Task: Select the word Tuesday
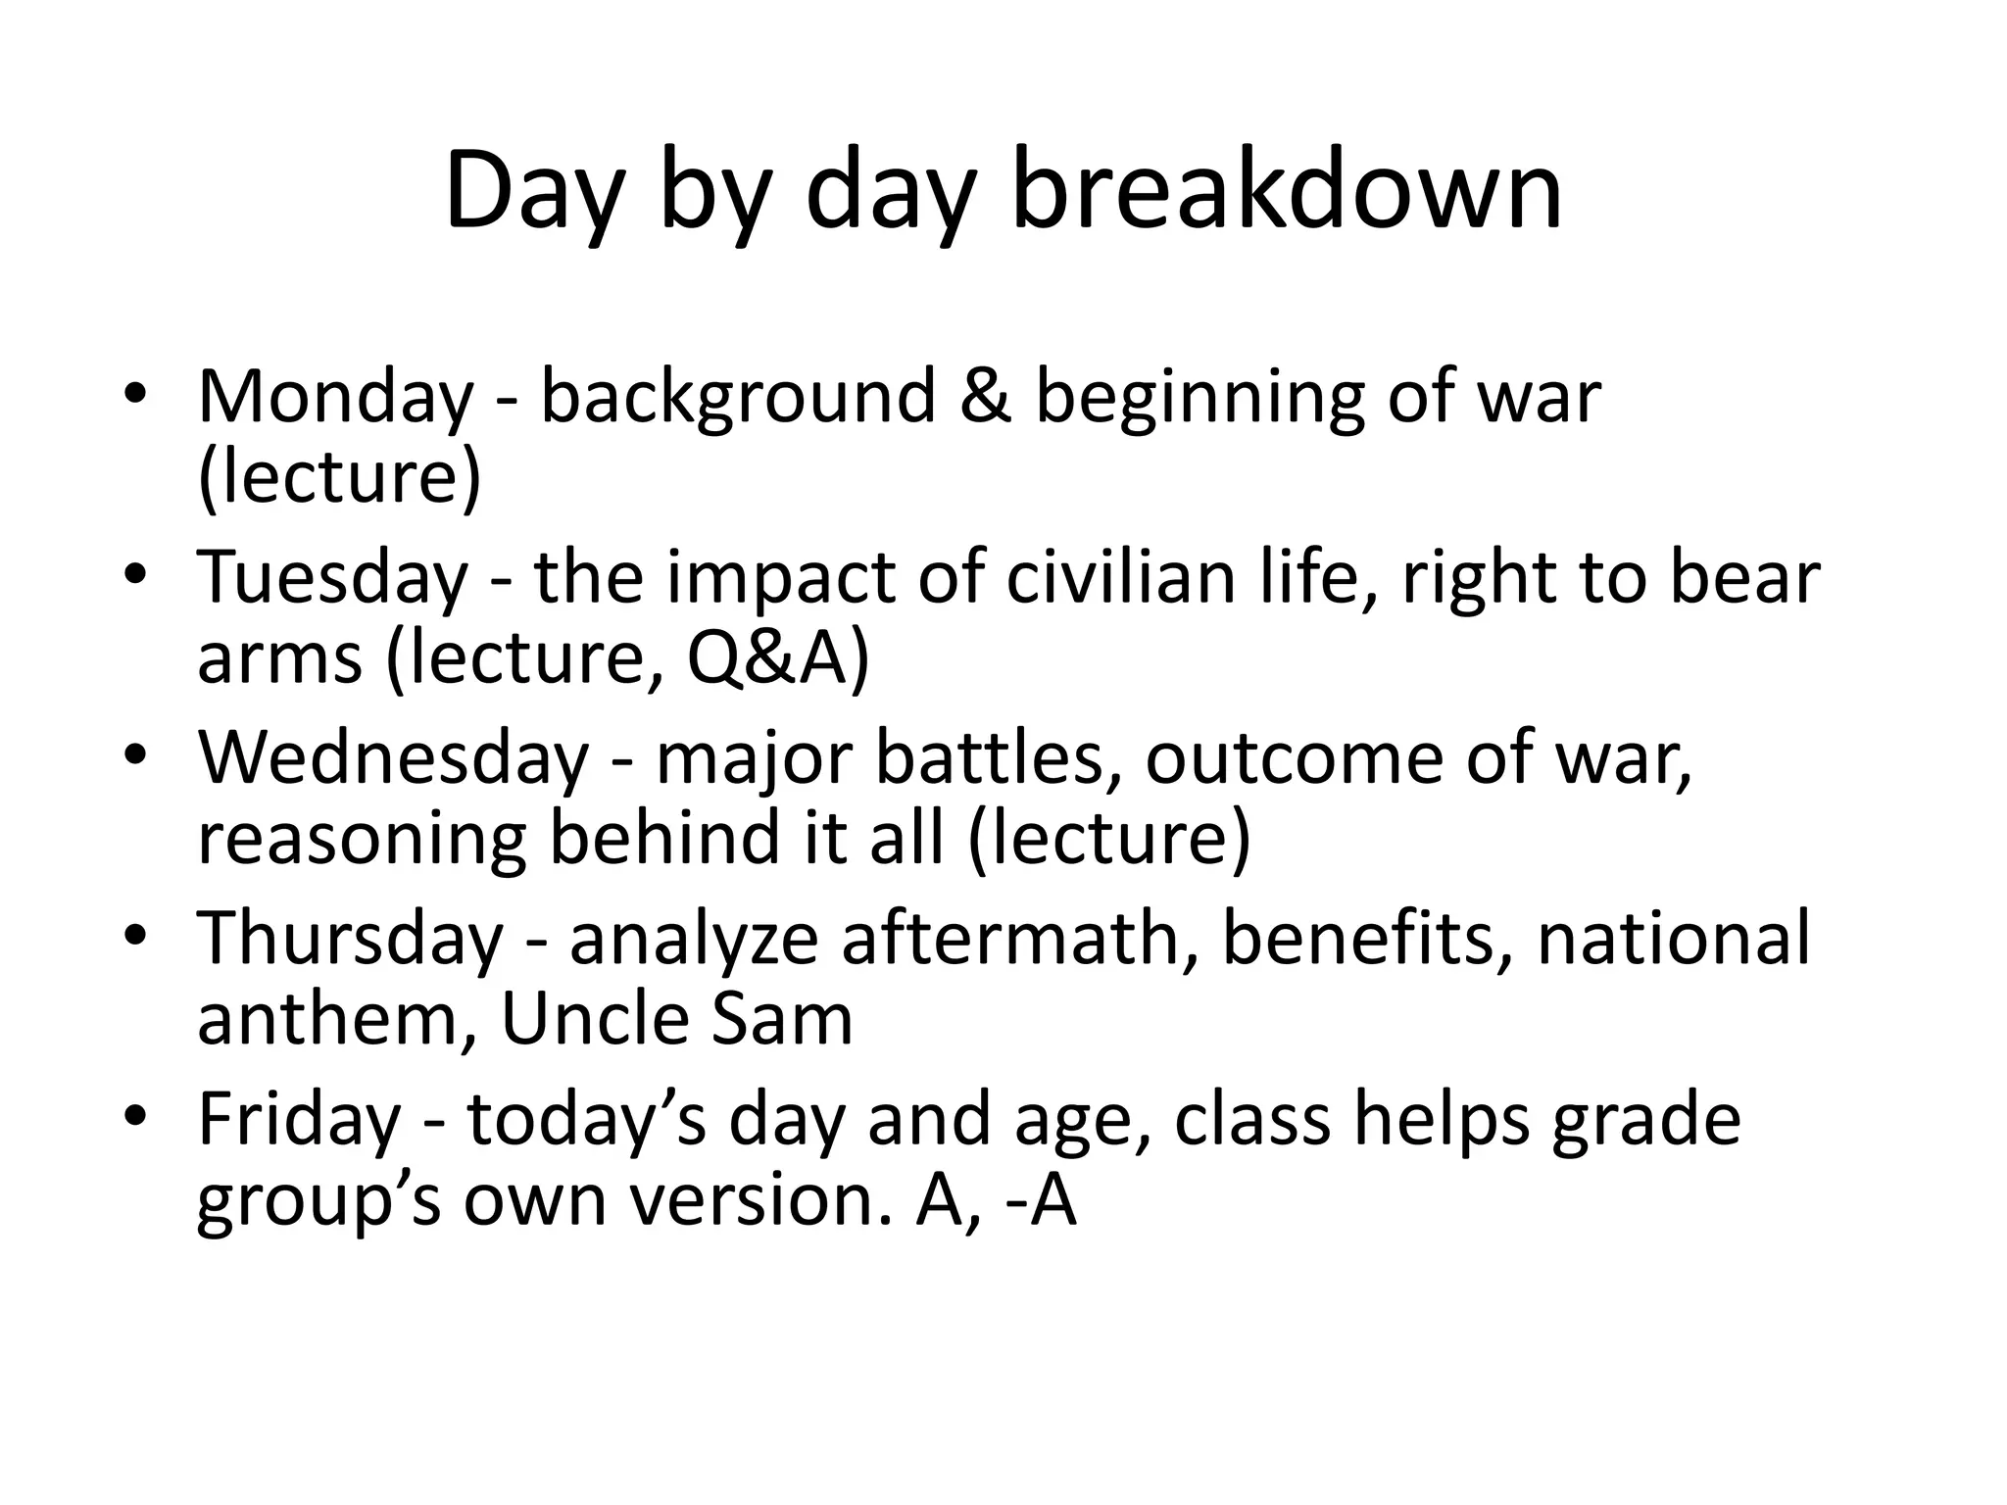pos(332,577)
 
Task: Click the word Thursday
pos(350,938)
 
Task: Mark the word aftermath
pos(1019,938)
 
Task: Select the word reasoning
pos(362,841)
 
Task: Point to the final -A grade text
pos(1042,1200)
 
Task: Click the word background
pos(738,399)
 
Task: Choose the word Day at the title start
pos(534,191)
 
